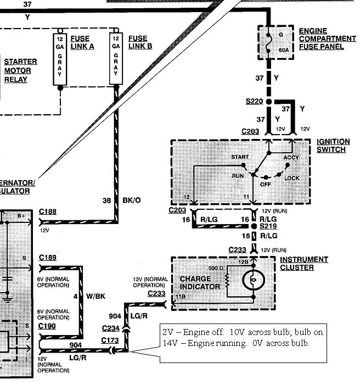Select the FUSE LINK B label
click(x=138, y=42)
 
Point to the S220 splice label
click(x=254, y=102)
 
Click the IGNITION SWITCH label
click(x=331, y=146)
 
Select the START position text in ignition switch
click(x=240, y=157)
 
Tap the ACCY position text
click(x=291, y=157)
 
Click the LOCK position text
click(x=292, y=178)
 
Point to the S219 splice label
click(x=268, y=226)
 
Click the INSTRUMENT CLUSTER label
click(x=304, y=263)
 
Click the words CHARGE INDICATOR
click(x=200, y=282)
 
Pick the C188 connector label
click(x=48, y=211)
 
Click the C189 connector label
click(x=48, y=257)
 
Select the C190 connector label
click(x=48, y=326)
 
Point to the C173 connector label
click(x=110, y=341)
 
